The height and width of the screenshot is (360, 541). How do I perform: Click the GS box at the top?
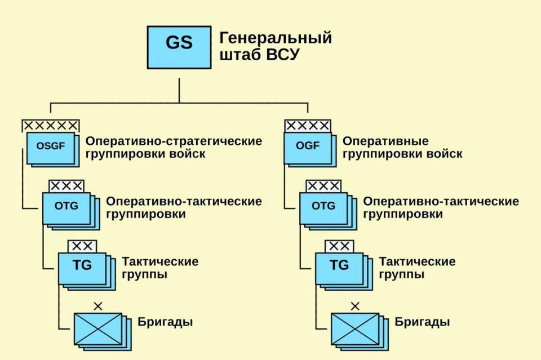point(179,44)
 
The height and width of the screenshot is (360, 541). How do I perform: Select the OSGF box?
point(50,146)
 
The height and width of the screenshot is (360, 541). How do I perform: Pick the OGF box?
point(308,146)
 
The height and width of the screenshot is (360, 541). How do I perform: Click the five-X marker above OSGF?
point(50,126)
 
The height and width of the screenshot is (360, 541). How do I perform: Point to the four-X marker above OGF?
point(308,126)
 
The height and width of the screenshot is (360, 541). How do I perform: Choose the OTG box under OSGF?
point(66,206)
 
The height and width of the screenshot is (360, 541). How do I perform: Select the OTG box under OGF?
point(323,206)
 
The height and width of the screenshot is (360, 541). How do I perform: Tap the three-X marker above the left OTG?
point(66,186)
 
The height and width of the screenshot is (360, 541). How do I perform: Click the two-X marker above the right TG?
point(339,246)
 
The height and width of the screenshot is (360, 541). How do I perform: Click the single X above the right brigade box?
point(355,306)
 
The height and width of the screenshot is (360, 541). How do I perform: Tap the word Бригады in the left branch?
point(165,323)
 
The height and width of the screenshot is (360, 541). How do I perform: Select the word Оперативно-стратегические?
point(174,141)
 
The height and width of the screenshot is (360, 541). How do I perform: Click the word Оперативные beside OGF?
point(385,141)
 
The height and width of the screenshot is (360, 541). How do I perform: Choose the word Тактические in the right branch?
point(417,262)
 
